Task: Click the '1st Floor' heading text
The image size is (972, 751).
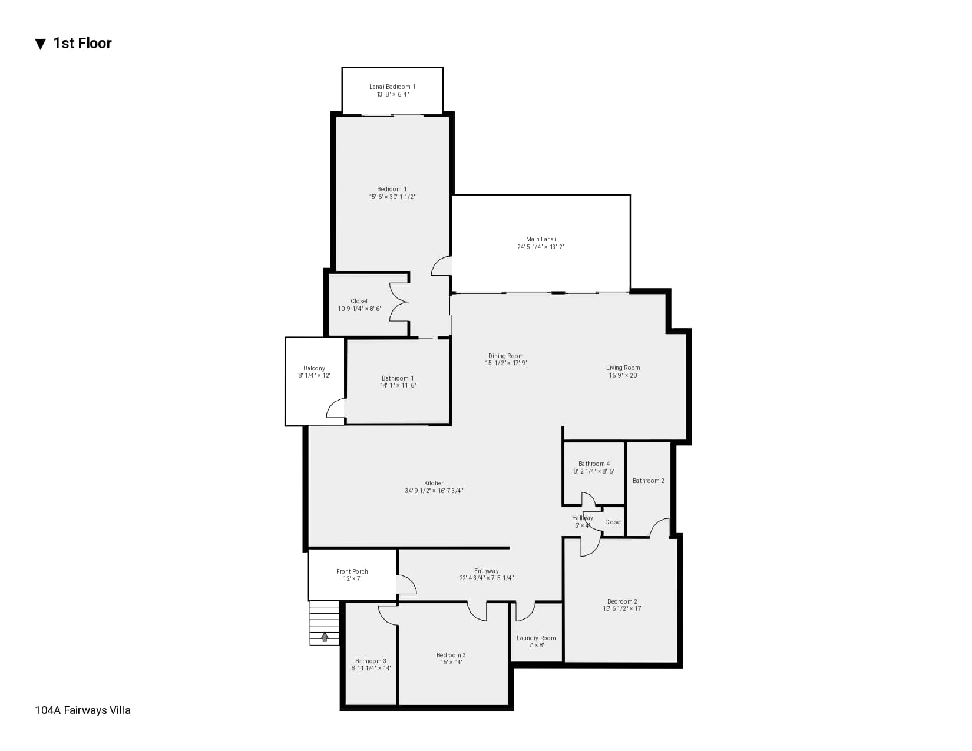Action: [82, 44]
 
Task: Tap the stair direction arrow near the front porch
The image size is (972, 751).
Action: [325, 637]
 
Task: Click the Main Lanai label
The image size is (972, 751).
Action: [541, 239]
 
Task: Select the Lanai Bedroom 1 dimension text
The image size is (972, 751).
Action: [392, 94]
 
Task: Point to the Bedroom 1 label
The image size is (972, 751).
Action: [392, 189]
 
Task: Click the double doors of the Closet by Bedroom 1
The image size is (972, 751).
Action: [399, 302]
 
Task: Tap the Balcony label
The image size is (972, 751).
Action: [314, 368]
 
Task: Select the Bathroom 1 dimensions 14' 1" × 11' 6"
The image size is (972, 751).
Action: [398, 386]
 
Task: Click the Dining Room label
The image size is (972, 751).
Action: [505, 356]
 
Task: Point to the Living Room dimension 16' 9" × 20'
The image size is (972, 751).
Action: [623, 375]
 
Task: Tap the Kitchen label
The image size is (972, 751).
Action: [434, 483]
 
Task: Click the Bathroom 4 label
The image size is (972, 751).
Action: [594, 464]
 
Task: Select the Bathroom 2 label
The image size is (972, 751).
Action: [648, 481]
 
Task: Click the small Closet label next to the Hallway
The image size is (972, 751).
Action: [613, 522]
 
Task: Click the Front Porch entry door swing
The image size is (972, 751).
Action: [406, 585]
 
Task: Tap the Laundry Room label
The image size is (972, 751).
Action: [536, 638]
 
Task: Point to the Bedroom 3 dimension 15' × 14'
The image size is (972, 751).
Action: [451, 663]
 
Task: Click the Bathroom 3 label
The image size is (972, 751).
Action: [371, 661]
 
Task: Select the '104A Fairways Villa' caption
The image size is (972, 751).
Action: [82, 710]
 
